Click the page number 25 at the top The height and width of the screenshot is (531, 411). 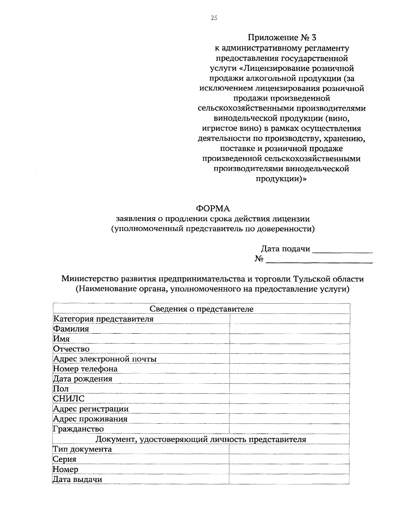(214, 18)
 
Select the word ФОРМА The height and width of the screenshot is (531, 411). (213, 208)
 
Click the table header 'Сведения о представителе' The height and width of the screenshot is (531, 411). (201, 309)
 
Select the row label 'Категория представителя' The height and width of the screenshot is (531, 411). (103, 319)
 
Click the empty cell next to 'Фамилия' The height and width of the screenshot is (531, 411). (289, 329)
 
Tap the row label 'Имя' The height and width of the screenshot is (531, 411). (61, 339)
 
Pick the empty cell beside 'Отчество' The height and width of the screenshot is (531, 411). (289, 349)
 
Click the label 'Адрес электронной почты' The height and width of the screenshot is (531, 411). (105, 359)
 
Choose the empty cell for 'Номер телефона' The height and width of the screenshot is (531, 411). (289, 369)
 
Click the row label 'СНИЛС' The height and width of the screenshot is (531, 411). (68, 399)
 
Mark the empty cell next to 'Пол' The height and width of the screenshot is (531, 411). (289, 389)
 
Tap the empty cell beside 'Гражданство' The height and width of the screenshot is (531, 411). (289, 429)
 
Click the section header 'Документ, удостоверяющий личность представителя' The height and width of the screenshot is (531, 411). (201, 439)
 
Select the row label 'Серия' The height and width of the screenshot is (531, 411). (64, 459)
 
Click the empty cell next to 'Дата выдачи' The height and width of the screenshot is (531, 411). (289, 479)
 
